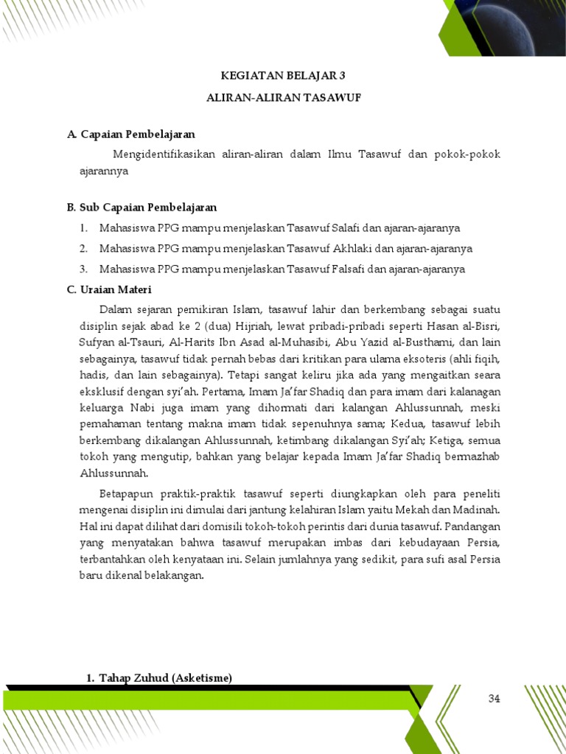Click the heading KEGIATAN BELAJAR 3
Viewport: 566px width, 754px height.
[283, 76]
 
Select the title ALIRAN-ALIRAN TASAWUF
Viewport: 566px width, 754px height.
[283, 97]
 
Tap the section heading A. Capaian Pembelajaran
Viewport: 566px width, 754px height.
[130, 134]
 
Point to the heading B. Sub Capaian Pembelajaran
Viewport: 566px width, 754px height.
[141, 208]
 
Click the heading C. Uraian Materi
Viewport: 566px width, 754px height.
[108, 289]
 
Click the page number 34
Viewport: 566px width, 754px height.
[494, 699]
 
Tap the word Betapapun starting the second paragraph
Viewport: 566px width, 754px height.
[125, 493]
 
